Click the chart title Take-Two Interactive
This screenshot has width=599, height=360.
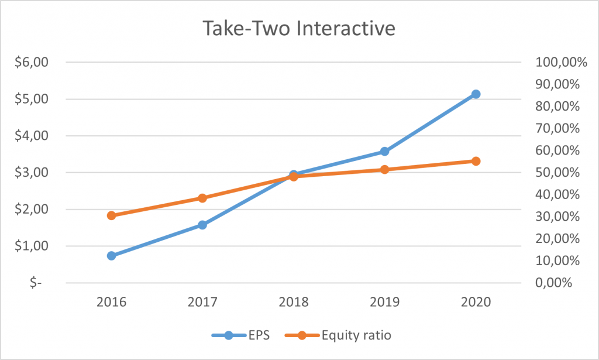pyautogui.click(x=299, y=29)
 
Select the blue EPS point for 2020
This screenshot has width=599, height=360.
pyautogui.click(x=476, y=94)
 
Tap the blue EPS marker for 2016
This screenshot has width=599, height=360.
pyautogui.click(x=111, y=256)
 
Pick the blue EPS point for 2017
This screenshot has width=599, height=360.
pyautogui.click(x=202, y=225)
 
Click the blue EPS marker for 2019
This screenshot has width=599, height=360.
pyautogui.click(x=384, y=151)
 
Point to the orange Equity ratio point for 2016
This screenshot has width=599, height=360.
pyautogui.click(x=111, y=215)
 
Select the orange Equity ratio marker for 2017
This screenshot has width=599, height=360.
pyautogui.click(x=202, y=198)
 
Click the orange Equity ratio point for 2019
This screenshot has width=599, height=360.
pyautogui.click(x=384, y=169)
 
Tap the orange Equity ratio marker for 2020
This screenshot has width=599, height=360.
pyautogui.click(x=476, y=161)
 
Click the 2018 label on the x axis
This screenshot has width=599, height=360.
pyautogui.click(x=293, y=302)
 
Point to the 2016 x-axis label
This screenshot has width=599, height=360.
pyautogui.click(x=111, y=302)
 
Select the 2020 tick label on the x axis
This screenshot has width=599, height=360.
pyautogui.click(x=476, y=302)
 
